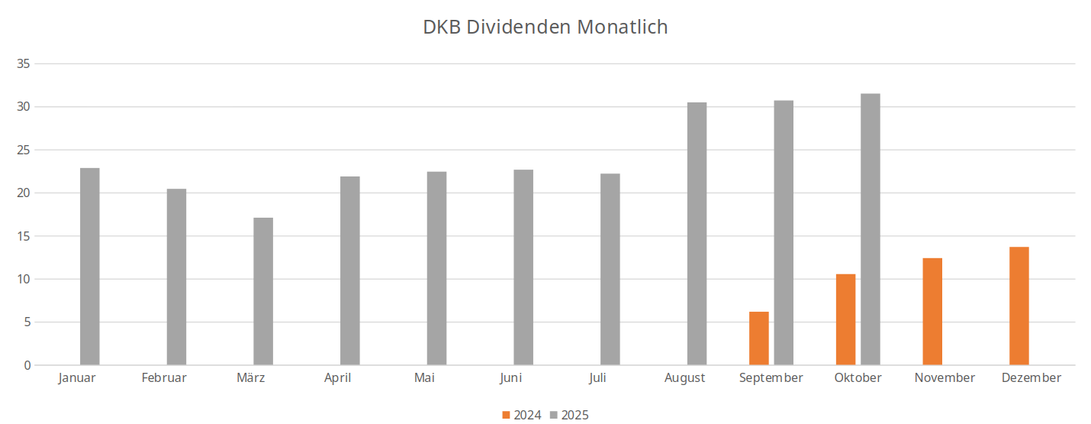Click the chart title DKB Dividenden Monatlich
click(x=545, y=28)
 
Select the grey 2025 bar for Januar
click(x=90, y=267)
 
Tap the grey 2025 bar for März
click(x=263, y=291)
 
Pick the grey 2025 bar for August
click(x=697, y=234)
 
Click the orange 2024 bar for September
click(x=759, y=338)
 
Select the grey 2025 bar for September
click(x=784, y=233)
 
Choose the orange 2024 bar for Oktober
click(x=845, y=319)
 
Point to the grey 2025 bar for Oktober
click(x=871, y=229)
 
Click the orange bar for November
click(x=932, y=312)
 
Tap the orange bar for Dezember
click(x=1019, y=306)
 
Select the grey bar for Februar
click(x=176, y=277)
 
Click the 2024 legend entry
click(x=522, y=415)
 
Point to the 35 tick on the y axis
click(x=23, y=64)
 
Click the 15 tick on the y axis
click(x=23, y=236)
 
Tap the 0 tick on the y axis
click(x=27, y=365)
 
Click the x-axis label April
click(x=337, y=377)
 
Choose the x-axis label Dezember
click(x=1031, y=377)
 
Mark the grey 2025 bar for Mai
click(x=436, y=268)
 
